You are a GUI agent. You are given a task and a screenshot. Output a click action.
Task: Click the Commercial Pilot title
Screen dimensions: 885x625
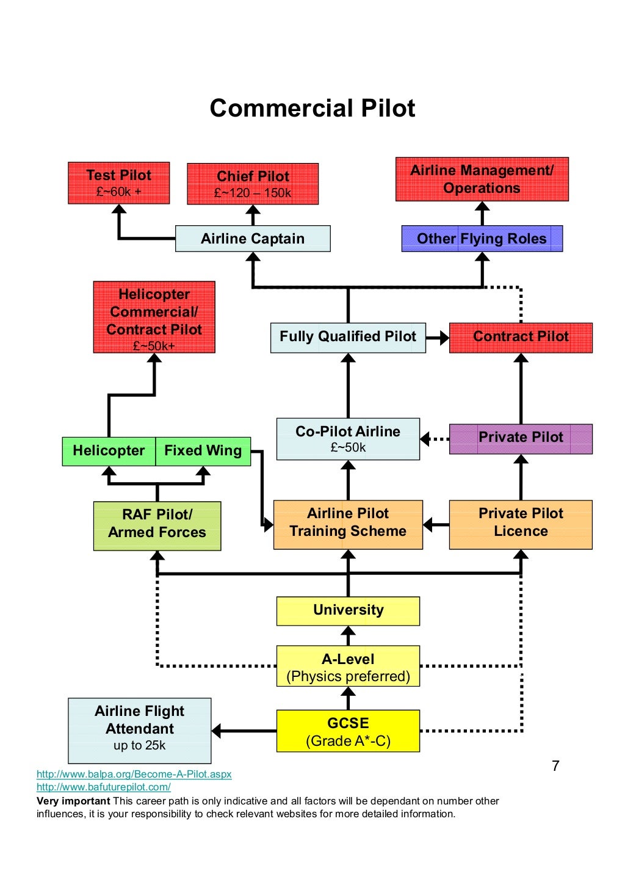click(x=312, y=108)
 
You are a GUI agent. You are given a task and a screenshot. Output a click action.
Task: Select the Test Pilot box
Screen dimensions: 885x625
click(x=118, y=182)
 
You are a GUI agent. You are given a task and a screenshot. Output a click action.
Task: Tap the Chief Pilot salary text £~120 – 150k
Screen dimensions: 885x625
click(x=252, y=193)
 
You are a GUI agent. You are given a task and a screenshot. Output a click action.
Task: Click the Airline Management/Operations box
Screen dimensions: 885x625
click(x=482, y=179)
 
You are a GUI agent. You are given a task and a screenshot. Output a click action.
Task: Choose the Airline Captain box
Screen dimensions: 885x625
click(x=253, y=239)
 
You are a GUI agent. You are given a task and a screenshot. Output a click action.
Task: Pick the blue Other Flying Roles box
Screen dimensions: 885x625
click(x=482, y=239)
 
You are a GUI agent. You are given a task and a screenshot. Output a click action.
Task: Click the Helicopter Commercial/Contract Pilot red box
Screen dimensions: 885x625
click(x=154, y=317)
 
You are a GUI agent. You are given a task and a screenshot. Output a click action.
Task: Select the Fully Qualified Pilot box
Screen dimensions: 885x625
click(x=348, y=338)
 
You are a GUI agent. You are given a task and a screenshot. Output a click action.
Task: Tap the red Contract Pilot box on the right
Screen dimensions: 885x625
click(x=521, y=338)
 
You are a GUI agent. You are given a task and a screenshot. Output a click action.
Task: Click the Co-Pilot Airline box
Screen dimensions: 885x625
click(x=348, y=438)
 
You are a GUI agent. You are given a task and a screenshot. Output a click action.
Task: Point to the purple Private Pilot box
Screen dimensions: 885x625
click(x=521, y=438)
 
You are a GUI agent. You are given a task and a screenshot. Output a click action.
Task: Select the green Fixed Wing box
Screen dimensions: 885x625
click(x=203, y=451)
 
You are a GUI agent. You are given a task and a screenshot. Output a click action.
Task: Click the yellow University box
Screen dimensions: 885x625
click(x=348, y=610)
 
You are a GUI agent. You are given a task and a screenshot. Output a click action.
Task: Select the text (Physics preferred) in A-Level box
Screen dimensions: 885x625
click(x=348, y=676)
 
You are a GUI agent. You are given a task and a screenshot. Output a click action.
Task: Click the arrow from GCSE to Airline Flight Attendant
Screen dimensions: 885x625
click(x=244, y=731)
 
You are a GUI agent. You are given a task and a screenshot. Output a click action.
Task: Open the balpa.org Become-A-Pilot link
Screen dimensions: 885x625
click(x=134, y=774)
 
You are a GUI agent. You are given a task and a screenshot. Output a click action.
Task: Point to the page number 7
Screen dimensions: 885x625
click(x=555, y=766)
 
